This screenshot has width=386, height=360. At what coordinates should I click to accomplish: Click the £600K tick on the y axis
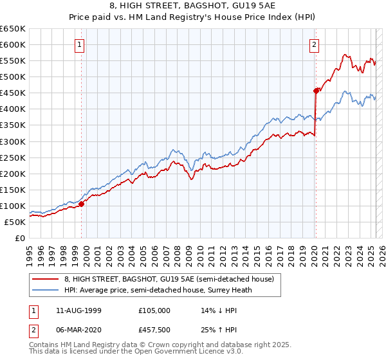(13, 44)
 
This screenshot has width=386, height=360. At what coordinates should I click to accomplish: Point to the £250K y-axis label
(13, 157)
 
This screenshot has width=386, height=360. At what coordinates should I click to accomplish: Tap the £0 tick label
(19, 238)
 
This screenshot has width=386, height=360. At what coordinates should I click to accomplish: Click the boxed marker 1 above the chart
(80, 44)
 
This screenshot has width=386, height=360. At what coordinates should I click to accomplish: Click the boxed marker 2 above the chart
(314, 44)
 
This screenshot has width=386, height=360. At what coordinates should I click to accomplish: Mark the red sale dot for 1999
(82, 204)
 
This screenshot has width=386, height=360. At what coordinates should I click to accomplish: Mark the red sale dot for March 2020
(315, 91)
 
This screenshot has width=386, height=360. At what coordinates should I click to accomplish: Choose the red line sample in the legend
(46, 279)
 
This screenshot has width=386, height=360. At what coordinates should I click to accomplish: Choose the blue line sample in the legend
(46, 289)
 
